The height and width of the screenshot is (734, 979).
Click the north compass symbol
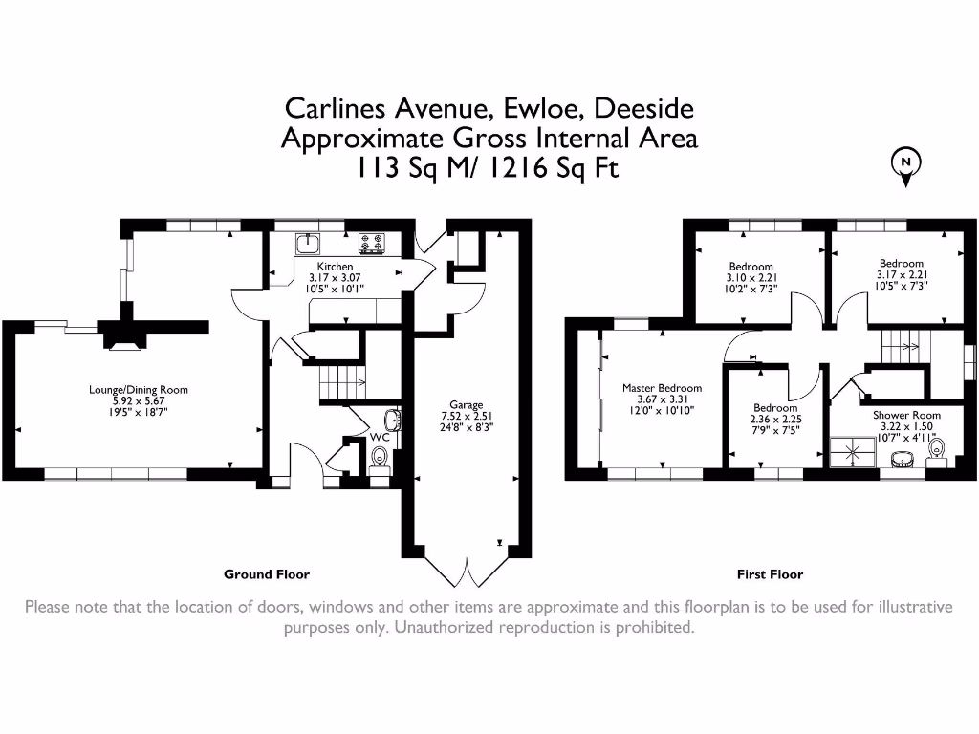tap(904, 163)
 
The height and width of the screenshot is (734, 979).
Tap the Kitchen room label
tap(336, 267)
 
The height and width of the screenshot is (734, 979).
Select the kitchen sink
tap(308, 243)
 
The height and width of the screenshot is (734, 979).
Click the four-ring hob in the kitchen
tap(371, 243)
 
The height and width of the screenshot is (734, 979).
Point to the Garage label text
tap(467, 404)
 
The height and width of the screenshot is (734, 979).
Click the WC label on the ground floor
tap(380, 437)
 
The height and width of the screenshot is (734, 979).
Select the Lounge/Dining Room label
tap(139, 389)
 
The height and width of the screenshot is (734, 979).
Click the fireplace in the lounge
tap(123, 336)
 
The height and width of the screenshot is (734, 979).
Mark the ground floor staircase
tap(341, 382)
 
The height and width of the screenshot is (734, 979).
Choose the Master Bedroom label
tap(662, 388)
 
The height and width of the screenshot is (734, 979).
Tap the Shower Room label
tap(905, 415)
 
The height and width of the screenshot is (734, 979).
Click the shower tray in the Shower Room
tap(845, 452)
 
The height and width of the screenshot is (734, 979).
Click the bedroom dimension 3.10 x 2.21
tap(751, 278)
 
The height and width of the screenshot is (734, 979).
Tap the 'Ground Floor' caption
tap(267, 574)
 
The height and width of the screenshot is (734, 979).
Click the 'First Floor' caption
tap(770, 574)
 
